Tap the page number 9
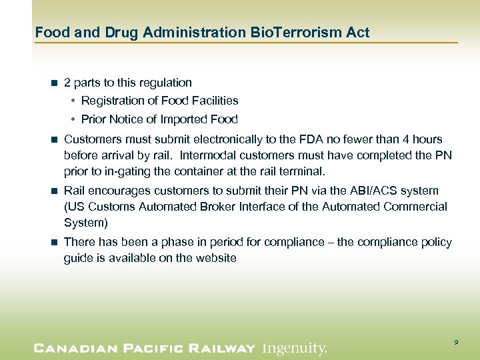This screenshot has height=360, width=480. pyautogui.click(x=456, y=342)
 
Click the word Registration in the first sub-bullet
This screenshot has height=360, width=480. pyautogui.click(x=111, y=101)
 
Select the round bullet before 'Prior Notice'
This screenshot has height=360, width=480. pyautogui.click(x=72, y=120)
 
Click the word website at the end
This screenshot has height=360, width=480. pyautogui.click(x=215, y=258)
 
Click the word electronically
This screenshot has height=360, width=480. pyautogui.click(x=241, y=139)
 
